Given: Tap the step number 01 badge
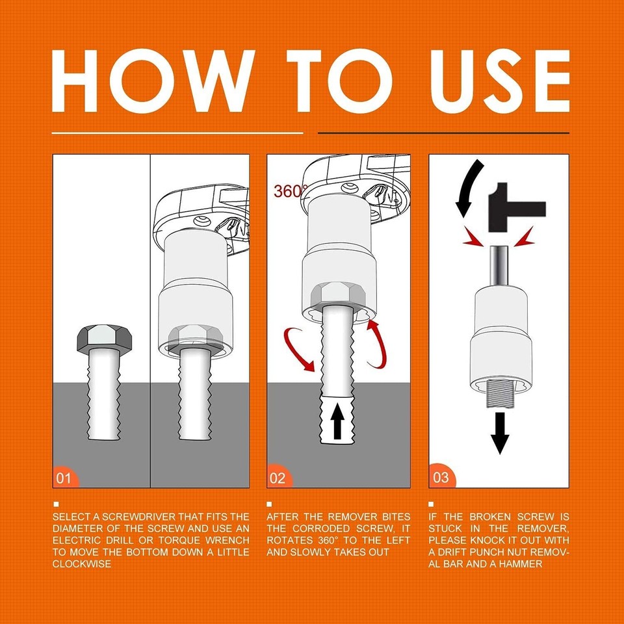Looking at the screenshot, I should [64, 479].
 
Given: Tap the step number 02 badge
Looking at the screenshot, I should [278, 479].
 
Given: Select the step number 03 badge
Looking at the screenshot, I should [440, 478].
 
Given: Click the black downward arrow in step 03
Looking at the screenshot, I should [499, 433].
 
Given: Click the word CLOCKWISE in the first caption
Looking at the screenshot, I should [82, 564].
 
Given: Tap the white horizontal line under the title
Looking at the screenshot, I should [177, 133].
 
